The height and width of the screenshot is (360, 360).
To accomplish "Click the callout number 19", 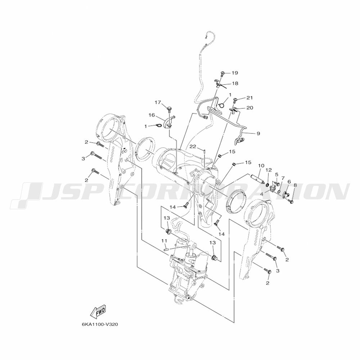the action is pyautogui.click(x=235, y=73).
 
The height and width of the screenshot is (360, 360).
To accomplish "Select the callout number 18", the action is pyautogui.click(x=235, y=84).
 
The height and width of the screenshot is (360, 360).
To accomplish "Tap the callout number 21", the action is pyautogui.click(x=249, y=98).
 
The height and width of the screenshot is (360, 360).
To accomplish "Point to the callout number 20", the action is pyautogui.click(x=250, y=108).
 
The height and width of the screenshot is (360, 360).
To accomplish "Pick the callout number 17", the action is pyautogui.click(x=158, y=102).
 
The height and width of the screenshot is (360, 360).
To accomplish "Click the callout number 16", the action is pyautogui.click(x=152, y=115).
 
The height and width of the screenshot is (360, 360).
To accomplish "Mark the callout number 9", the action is pyautogui.click(x=258, y=134).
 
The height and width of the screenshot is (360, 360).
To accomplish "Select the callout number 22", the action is pyautogui.click(x=193, y=147).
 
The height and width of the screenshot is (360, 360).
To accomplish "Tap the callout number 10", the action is pyautogui.click(x=261, y=166).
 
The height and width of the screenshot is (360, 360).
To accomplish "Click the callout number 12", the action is pyautogui.click(x=269, y=170).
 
